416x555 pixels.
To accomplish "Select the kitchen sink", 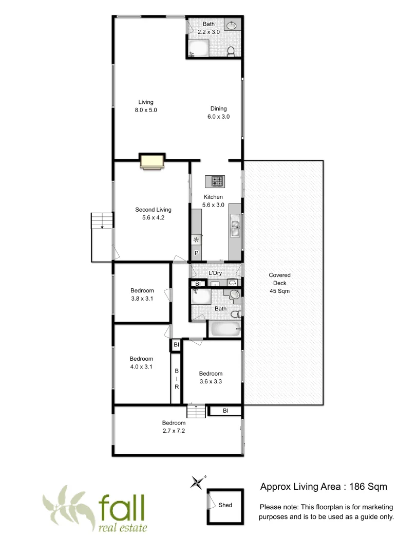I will click(x=235, y=228).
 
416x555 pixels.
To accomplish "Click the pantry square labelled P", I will click(x=196, y=253).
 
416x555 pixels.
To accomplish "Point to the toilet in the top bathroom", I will click(x=231, y=50).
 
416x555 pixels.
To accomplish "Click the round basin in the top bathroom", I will click(x=232, y=25).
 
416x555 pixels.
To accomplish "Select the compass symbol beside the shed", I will click(x=197, y=482).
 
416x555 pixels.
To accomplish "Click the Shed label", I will click(x=225, y=505).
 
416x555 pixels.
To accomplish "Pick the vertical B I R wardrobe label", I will click(x=176, y=378).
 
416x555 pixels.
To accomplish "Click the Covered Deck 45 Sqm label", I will click(x=280, y=283).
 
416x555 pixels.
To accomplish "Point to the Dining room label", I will click(x=218, y=108).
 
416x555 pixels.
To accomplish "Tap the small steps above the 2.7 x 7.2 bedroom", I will click(x=196, y=411).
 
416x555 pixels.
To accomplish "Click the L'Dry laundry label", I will click(x=215, y=273).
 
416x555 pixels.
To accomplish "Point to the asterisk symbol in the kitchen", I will click(x=196, y=240).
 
